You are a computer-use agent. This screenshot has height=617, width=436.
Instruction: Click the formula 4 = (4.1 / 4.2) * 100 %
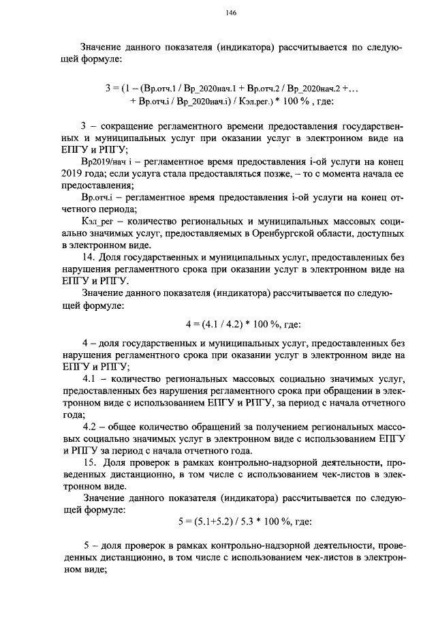point(243,323)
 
